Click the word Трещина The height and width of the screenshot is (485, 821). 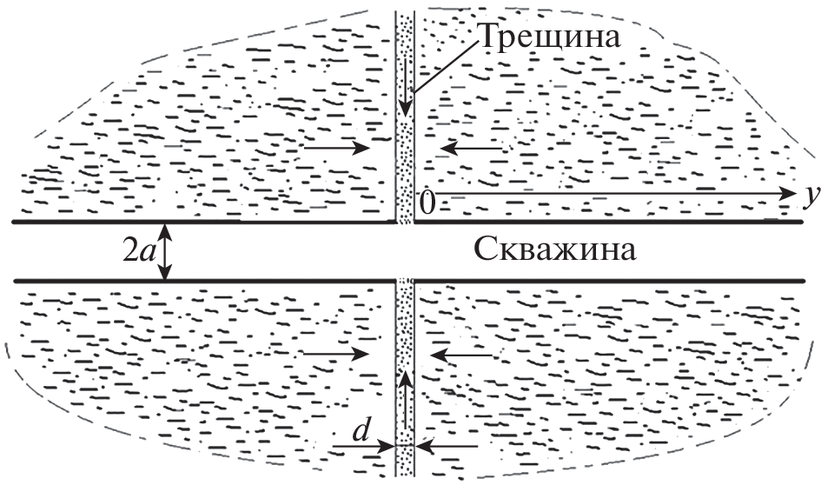(550, 37)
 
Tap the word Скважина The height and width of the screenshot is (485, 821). (555, 249)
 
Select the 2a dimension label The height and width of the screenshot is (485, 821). (136, 252)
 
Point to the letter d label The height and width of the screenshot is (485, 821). (361, 430)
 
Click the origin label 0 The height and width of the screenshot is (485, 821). (427, 203)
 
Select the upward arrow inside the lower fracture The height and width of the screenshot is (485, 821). (404, 399)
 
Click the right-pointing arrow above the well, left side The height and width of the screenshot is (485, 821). (338, 148)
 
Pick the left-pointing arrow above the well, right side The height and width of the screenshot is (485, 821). (472, 149)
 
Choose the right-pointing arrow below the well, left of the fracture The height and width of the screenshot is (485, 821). (336, 354)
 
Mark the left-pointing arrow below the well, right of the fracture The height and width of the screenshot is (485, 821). (461, 355)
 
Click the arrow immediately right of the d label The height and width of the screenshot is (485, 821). (364, 446)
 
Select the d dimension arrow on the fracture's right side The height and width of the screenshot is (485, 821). (447, 446)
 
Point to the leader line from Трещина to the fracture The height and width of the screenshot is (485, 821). (445, 65)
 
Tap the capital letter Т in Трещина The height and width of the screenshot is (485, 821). (488, 37)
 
